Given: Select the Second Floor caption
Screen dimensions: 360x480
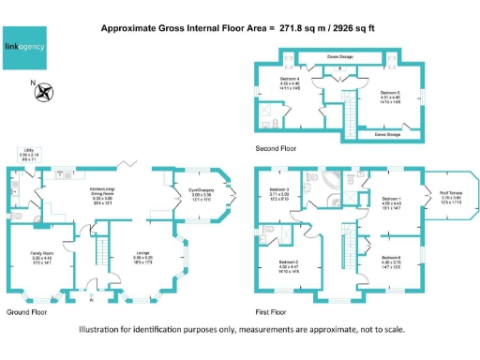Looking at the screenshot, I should pos(276,148).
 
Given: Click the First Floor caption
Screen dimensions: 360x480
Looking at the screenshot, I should pos(272,311).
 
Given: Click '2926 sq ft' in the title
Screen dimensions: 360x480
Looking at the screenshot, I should pos(344,29).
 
